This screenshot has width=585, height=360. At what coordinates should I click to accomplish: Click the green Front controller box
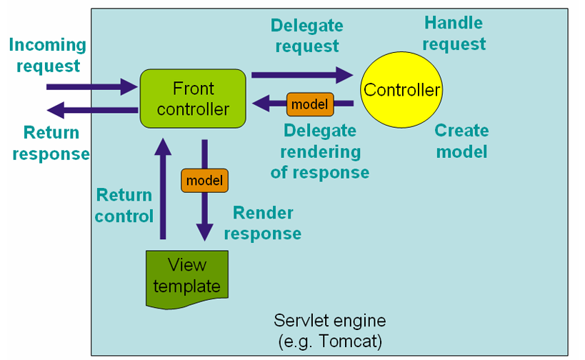pyautogui.click(x=193, y=99)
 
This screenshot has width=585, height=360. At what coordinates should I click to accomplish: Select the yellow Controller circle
pyautogui.click(x=401, y=90)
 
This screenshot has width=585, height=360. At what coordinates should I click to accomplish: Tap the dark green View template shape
pyautogui.click(x=187, y=279)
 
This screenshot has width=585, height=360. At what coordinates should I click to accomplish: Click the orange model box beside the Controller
pyautogui.click(x=310, y=104)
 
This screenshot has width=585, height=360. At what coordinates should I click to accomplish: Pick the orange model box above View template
pyautogui.click(x=204, y=181)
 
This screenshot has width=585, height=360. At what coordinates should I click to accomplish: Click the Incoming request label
pyautogui.click(x=48, y=55)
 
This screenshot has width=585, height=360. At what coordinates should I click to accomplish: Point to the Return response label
pyautogui.click(x=51, y=144)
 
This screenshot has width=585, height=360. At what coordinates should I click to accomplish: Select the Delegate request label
pyautogui.click(x=307, y=36)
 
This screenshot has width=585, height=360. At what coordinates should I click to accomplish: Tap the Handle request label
pyautogui.click(x=454, y=33)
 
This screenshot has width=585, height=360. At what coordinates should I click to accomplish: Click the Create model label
pyautogui.click(x=462, y=141)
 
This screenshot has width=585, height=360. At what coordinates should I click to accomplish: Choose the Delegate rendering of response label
pyautogui.click(x=320, y=151)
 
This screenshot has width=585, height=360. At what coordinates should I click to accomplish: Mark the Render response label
pyautogui.click(x=263, y=223)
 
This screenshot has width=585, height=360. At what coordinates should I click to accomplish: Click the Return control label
pyautogui.click(x=124, y=206)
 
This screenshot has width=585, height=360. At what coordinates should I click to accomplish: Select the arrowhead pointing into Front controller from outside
pyautogui.click(x=129, y=87)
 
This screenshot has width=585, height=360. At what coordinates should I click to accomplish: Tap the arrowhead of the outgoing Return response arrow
pyautogui.click(x=56, y=110)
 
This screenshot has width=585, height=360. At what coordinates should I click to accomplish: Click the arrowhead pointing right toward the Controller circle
pyautogui.click(x=345, y=75)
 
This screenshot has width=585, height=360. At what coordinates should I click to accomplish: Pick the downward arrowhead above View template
pyautogui.click(x=205, y=232)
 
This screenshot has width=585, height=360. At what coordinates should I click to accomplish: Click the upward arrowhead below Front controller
pyautogui.click(x=163, y=146)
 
